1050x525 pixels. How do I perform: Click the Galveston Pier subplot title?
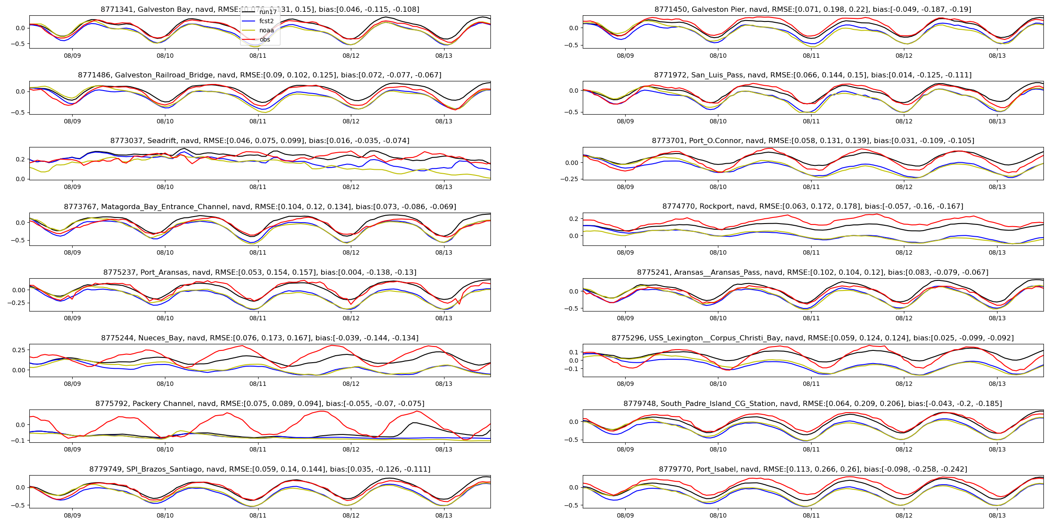[x=812, y=9]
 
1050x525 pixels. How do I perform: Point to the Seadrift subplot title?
[x=259, y=140]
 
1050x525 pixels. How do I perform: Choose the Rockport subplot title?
[x=812, y=206]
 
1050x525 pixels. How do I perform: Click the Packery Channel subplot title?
[x=259, y=403]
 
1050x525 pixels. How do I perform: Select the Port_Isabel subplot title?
[x=812, y=469]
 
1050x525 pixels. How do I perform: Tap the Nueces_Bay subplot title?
[x=259, y=338]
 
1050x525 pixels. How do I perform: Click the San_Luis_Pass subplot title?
[x=812, y=75]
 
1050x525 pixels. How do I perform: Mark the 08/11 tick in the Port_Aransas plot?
[x=258, y=318]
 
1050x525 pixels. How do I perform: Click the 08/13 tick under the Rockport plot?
[x=997, y=252]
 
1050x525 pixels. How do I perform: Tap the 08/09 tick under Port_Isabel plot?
[x=625, y=515]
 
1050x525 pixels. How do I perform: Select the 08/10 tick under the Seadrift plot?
[x=165, y=187]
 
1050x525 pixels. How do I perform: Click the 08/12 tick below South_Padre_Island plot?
[x=904, y=449]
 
